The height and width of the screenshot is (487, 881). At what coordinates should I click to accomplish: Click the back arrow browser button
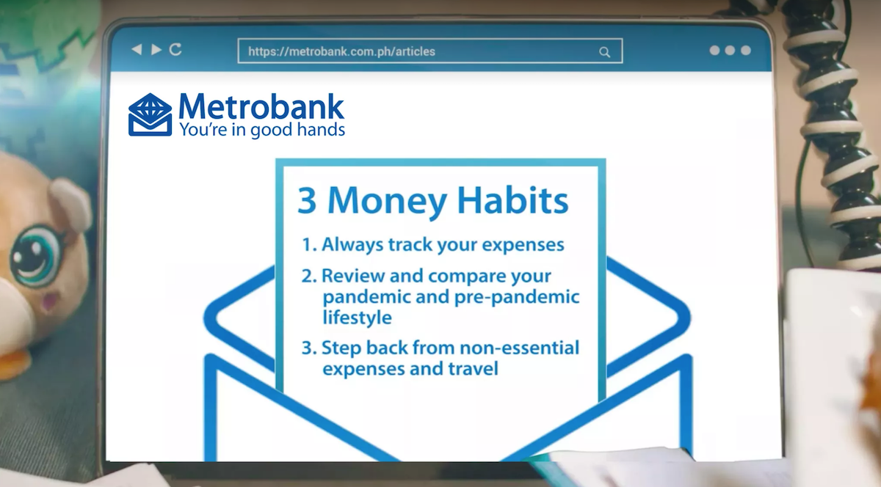(137, 50)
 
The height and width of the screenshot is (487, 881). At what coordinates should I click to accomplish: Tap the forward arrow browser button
(156, 50)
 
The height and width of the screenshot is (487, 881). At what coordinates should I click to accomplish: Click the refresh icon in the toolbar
(175, 50)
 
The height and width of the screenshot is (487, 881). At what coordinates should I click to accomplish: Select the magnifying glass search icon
(604, 52)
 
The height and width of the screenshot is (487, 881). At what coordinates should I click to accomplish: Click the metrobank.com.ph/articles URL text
(342, 51)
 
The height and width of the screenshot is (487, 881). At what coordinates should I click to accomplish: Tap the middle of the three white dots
(730, 51)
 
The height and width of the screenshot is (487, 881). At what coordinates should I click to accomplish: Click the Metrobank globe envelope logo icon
(151, 114)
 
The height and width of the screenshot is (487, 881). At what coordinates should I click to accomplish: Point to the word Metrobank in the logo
(261, 106)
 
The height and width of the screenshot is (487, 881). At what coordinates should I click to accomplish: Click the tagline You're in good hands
(262, 130)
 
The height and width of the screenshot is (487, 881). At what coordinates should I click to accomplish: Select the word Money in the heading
(387, 201)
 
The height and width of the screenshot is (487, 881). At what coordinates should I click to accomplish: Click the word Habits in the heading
(513, 199)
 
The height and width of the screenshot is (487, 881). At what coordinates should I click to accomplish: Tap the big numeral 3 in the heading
(307, 200)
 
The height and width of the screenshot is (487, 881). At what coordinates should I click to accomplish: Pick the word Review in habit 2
(353, 276)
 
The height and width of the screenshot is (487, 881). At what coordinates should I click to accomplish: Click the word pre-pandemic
(517, 298)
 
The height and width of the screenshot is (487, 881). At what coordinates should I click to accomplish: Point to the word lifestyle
(357, 317)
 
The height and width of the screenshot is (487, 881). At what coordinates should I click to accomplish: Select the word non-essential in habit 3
(519, 348)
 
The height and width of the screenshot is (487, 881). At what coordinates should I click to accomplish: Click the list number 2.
(309, 276)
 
